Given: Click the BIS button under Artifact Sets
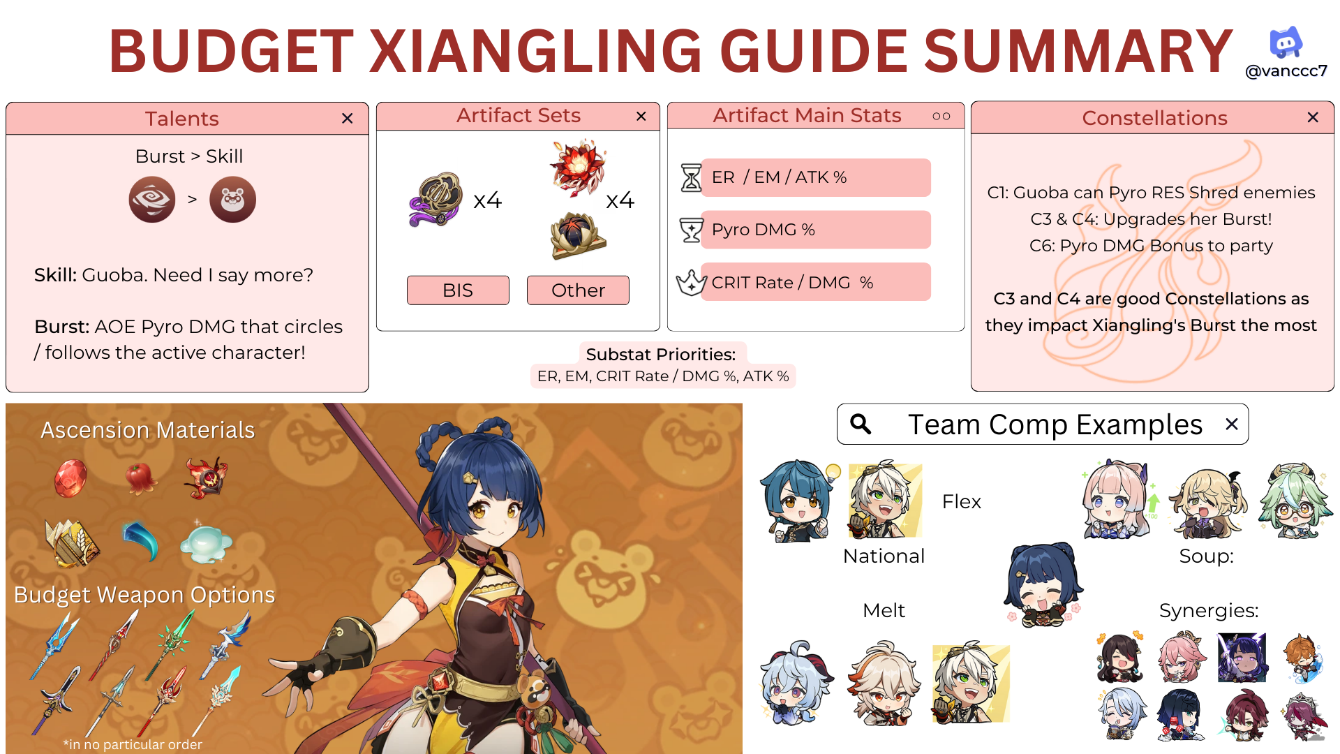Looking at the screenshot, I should [x=458, y=290].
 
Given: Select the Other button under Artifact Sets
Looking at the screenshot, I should [x=578, y=290].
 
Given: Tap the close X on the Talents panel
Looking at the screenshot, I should [x=348, y=119].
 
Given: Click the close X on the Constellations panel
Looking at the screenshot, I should [x=1313, y=117].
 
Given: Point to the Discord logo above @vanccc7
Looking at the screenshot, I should [x=1286, y=43].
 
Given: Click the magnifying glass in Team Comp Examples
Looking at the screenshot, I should [x=861, y=424].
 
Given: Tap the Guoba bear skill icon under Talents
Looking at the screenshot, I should [x=232, y=200].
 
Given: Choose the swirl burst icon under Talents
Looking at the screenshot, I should [x=152, y=200].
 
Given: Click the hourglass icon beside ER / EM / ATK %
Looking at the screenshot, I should [x=691, y=177].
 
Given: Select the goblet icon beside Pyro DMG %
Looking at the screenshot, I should [x=691, y=230].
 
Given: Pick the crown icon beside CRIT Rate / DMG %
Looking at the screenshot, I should [x=691, y=282].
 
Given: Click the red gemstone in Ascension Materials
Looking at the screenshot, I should [x=70, y=478].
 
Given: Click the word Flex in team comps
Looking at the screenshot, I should [x=961, y=501].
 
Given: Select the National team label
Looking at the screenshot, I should [x=884, y=556].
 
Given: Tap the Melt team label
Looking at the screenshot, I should [x=884, y=610].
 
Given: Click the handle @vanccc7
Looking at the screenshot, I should [x=1286, y=71].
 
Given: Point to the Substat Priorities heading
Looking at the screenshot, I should [x=661, y=354].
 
